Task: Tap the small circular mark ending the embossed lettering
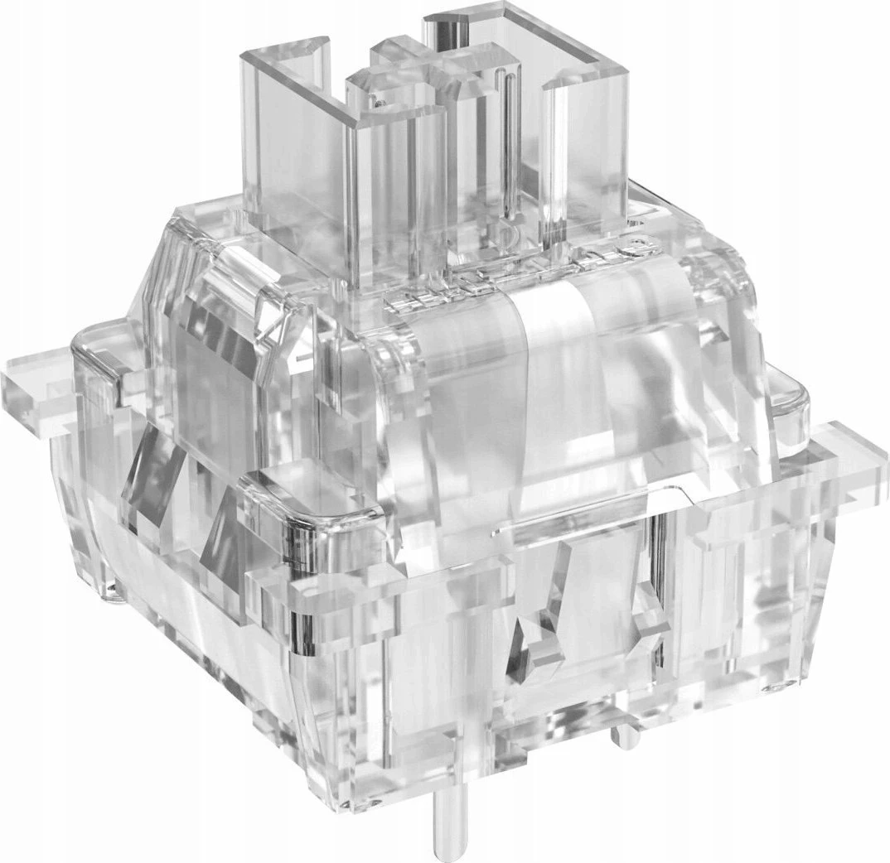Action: click(634, 246)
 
